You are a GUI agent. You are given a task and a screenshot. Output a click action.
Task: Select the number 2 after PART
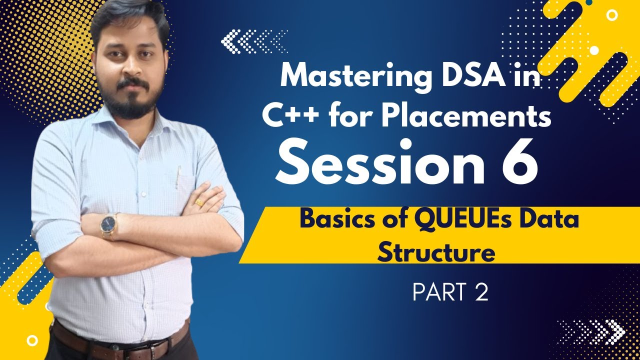point(481,293)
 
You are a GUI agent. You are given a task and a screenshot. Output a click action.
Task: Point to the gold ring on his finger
point(199,202)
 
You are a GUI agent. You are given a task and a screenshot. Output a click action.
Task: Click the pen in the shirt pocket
point(177,177)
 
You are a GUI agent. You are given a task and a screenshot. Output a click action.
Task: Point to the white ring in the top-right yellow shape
point(611,15)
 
